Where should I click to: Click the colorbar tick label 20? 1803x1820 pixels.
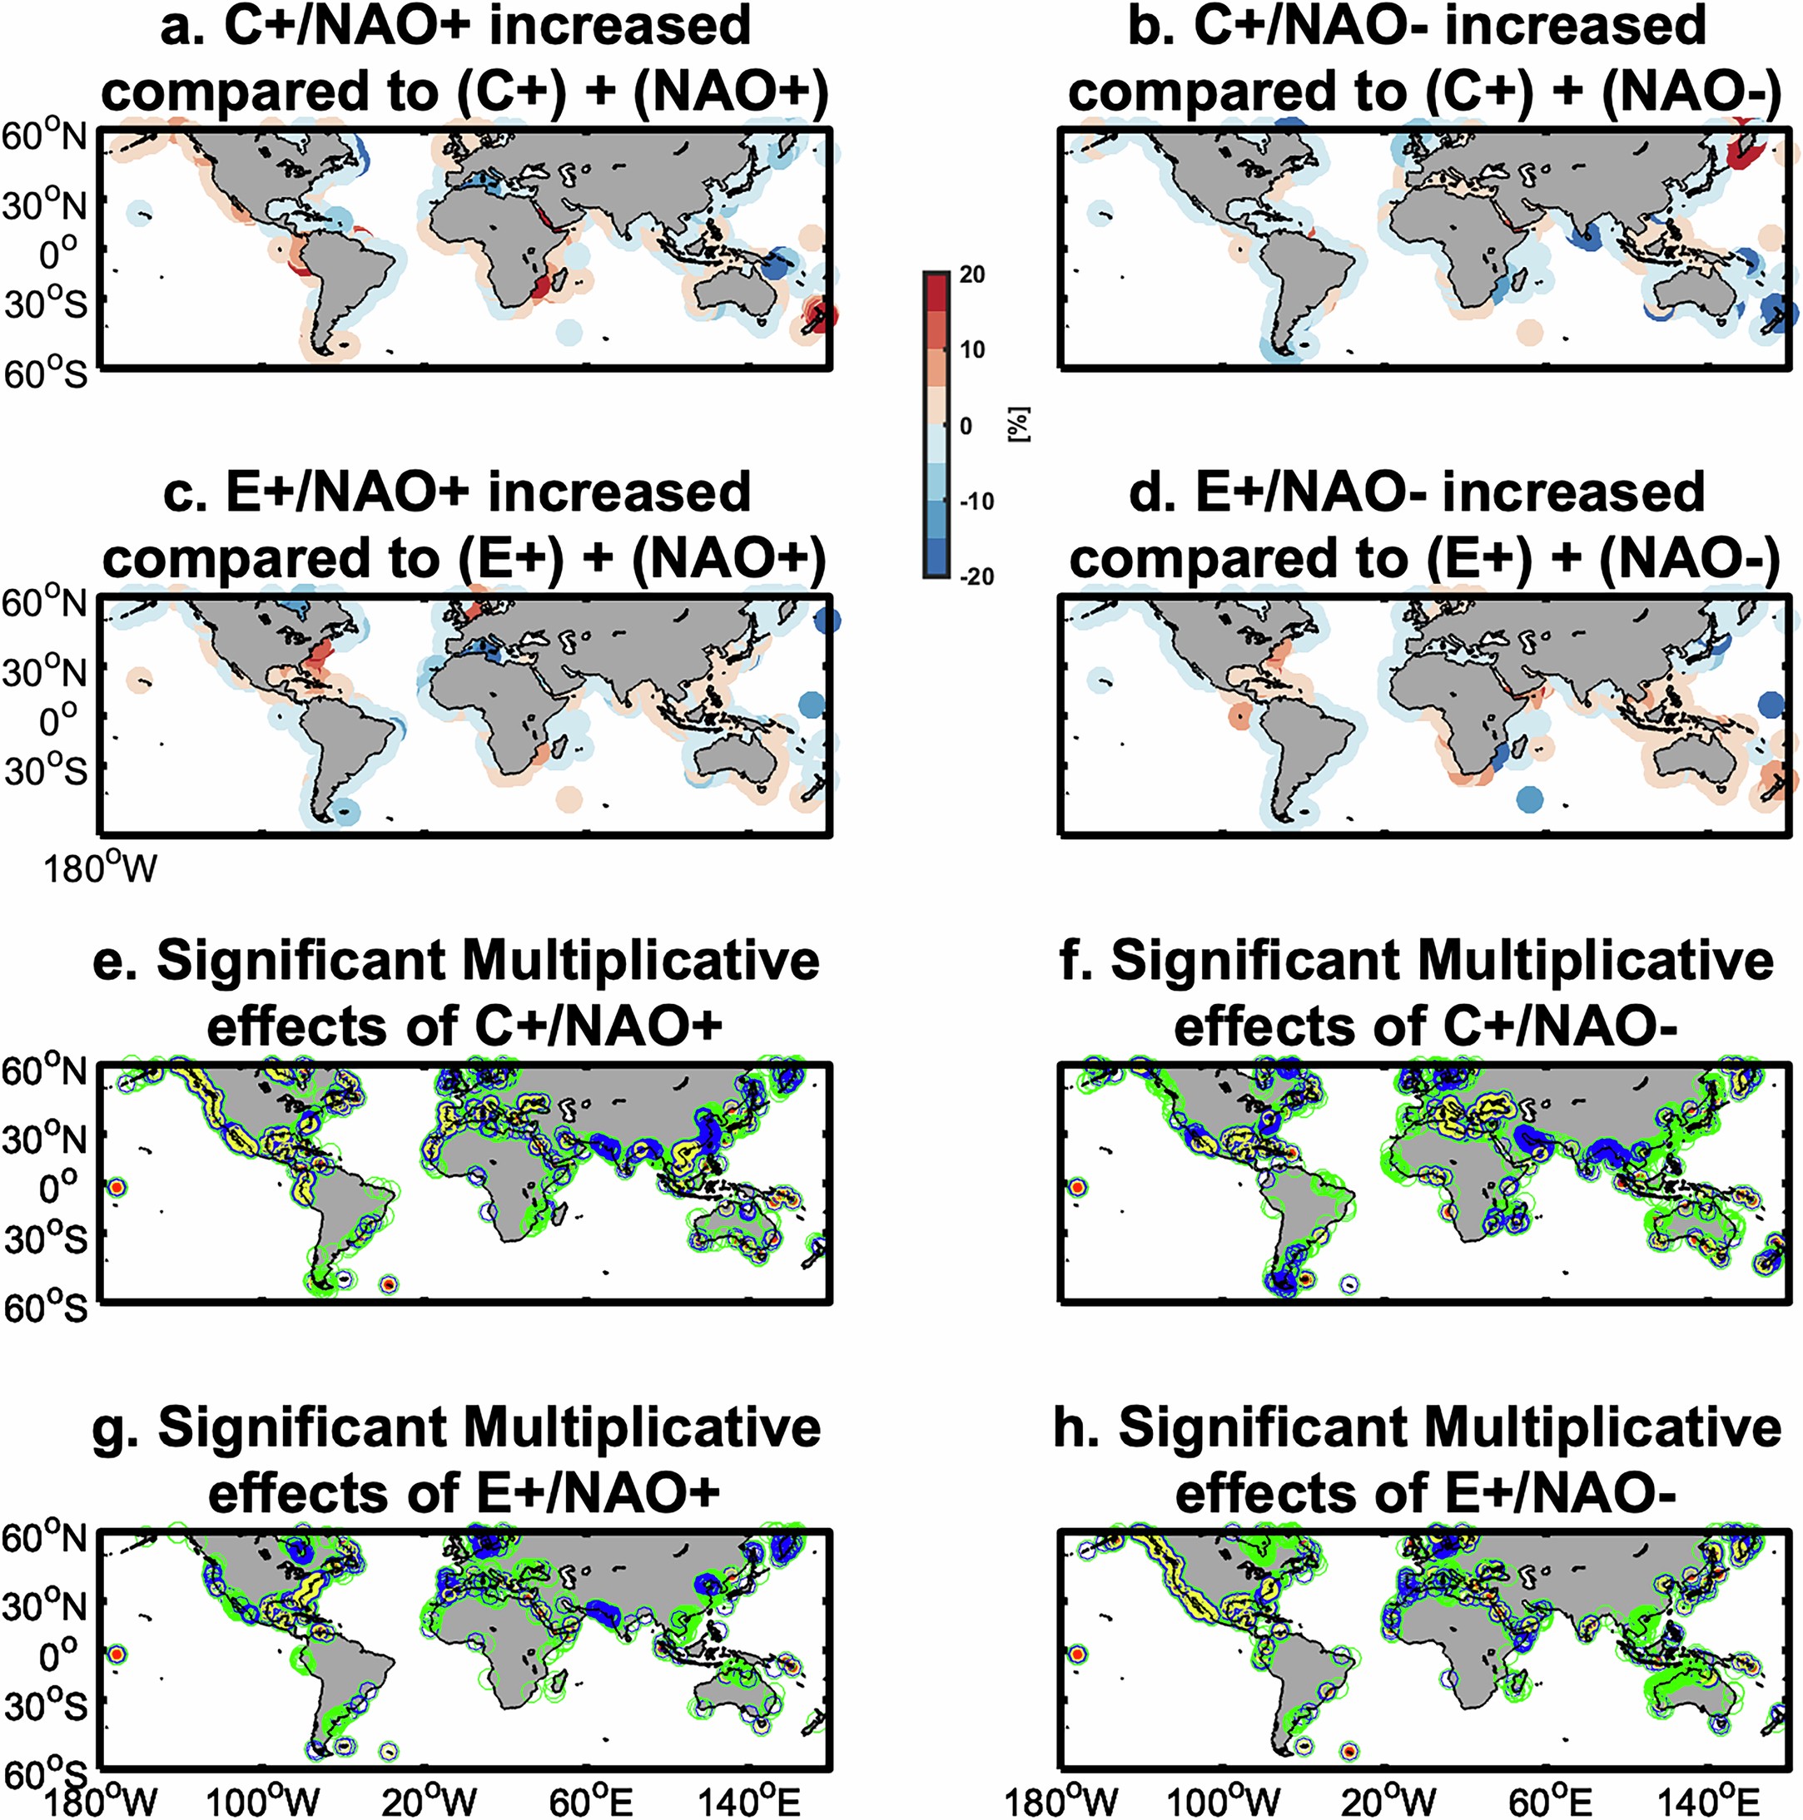(971, 274)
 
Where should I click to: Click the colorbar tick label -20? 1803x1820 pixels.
(976, 576)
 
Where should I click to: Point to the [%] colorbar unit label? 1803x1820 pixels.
(1020, 426)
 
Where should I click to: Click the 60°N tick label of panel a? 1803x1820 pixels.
(44, 137)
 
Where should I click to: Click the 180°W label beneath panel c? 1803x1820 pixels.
(100, 868)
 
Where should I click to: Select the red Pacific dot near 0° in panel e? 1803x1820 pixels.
(116, 1188)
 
